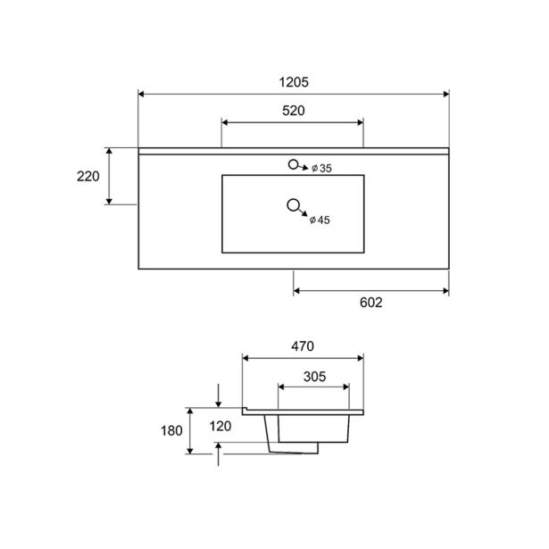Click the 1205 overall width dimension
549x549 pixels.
click(294, 82)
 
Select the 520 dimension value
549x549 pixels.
click(294, 111)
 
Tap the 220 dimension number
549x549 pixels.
click(88, 177)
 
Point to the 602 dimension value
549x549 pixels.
click(371, 303)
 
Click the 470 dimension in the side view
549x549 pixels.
click(303, 346)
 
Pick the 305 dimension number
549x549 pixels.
click(315, 377)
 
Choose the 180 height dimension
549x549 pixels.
click(171, 430)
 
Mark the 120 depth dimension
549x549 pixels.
click(220, 426)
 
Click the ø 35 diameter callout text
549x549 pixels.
click(321, 169)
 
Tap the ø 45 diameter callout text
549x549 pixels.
click(320, 220)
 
